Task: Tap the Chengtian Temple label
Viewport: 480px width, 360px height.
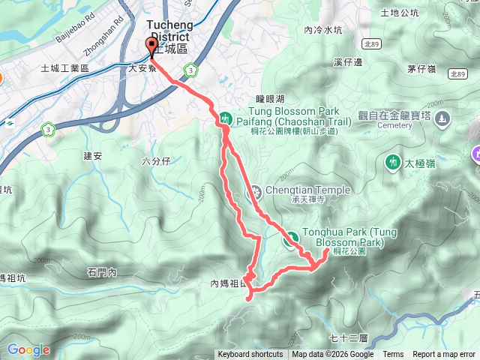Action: [x=307, y=190]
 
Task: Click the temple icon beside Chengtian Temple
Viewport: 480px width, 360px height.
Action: [x=255, y=193]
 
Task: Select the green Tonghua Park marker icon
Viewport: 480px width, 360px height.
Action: [x=291, y=240]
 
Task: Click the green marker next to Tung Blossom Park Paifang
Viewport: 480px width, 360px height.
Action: [x=225, y=118]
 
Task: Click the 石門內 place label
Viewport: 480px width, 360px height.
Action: [x=101, y=272]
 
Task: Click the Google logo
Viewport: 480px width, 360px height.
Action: [x=28, y=349]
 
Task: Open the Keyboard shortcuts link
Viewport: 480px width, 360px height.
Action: [x=250, y=355]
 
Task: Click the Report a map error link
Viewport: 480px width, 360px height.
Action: [x=444, y=355]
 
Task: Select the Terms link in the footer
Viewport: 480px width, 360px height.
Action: [x=393, y=355]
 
